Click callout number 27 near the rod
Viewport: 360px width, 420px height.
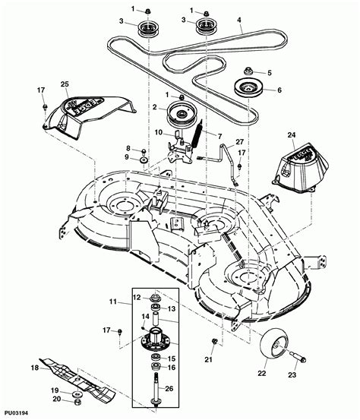[x=240, y=142]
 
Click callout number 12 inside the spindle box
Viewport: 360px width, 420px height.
[x=137, y=296]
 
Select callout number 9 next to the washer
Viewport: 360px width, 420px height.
[x=129, y=157]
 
